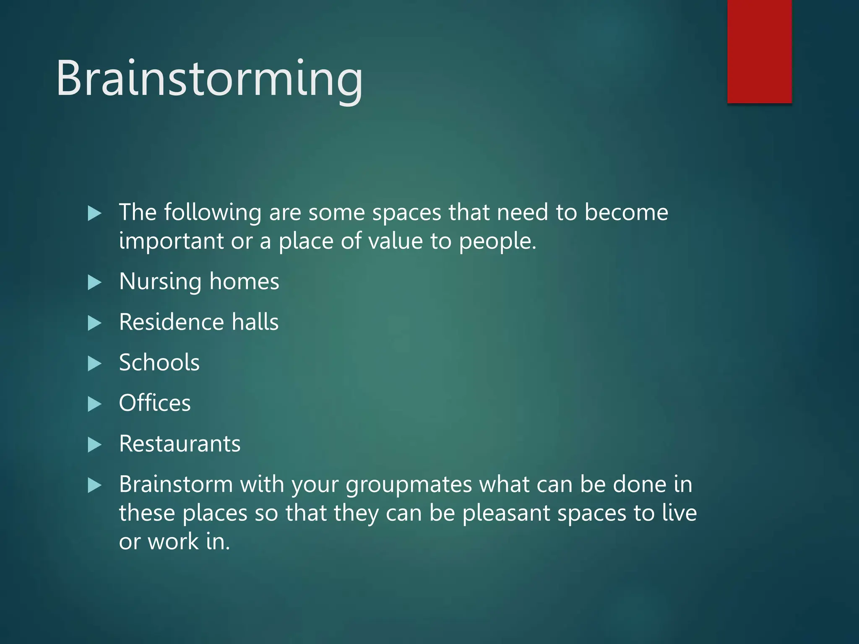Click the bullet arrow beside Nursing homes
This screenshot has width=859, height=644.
(94, 283)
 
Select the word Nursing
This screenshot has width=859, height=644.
(160, 282)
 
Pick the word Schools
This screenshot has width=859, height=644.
(159, 362)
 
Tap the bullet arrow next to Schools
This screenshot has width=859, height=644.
(94, 364)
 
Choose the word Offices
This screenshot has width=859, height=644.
(155, 403)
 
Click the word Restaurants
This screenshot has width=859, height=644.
(180, 444)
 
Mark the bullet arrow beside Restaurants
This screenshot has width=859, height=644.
(94, 445)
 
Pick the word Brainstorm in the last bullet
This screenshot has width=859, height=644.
(176, 484)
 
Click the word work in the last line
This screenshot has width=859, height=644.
(173, 542)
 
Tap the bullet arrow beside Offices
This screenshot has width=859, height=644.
(94, 404)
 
